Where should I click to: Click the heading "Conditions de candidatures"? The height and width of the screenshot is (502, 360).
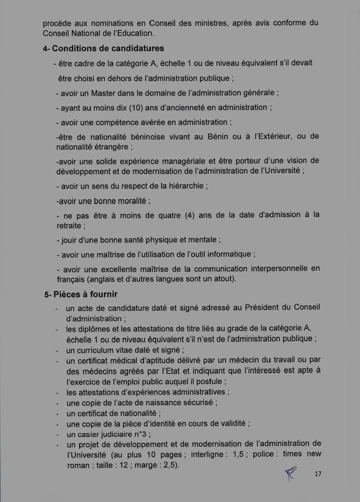(108, 49)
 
